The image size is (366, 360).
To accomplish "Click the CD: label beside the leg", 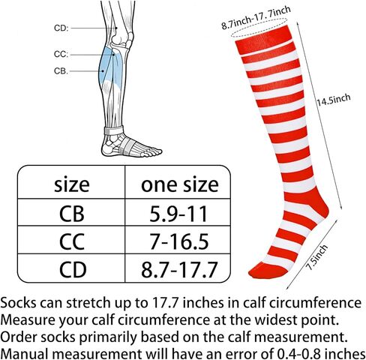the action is [x=61, y=28].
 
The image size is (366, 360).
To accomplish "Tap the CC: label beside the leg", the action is [x=61, y=54].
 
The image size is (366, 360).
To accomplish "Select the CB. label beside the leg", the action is [x=61, y=71].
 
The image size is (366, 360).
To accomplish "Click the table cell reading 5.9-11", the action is [x=178, y=214].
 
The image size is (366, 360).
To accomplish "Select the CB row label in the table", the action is [x=72, y=214].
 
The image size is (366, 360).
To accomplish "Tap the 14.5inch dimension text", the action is [x=334, y=100].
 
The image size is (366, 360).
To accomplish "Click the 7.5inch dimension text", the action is [x=316, y=257].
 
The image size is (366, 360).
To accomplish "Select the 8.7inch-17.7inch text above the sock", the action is [x=256, y=17].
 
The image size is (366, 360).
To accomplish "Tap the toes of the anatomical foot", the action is [x=152, y=151].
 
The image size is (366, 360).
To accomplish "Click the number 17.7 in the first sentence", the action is [x=164, y=303].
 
